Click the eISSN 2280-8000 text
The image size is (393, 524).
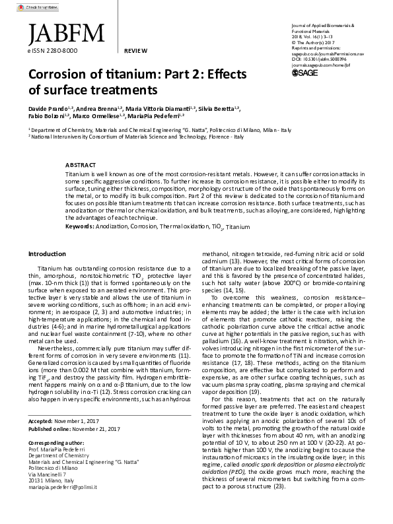(x=53, y=50)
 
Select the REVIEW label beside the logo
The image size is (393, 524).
(x=135, y=50)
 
